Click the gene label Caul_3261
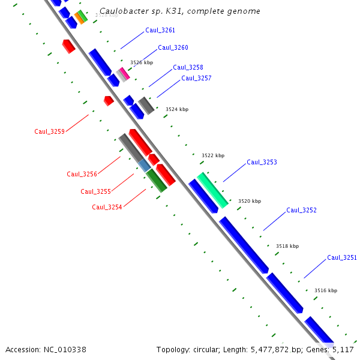160,30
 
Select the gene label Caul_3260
173,48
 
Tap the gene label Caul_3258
188,68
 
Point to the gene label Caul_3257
196,79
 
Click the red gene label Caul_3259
49,131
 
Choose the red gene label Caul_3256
82,174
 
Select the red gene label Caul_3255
95,191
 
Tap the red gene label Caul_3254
107,207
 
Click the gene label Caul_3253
262,163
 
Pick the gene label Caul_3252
301,211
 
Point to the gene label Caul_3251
342,258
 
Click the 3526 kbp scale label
142,62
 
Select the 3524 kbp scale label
177,109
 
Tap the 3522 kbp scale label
213,155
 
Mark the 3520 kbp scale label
250,201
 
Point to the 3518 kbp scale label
287,246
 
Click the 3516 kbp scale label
326,290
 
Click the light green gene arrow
213,190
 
